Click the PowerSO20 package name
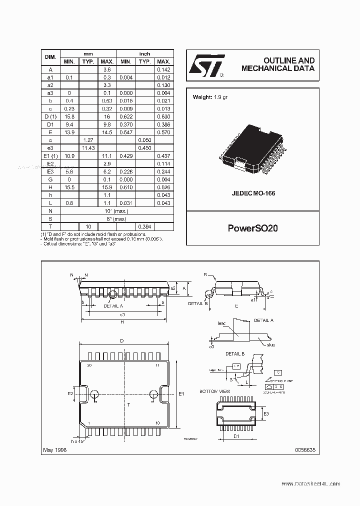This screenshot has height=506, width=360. pos(252,228)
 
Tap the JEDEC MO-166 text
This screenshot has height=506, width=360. pos(252,193)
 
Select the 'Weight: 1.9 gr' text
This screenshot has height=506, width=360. pos(210,97)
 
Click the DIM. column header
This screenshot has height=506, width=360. pos(50,57)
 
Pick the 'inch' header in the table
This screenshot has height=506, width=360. pos(145,53)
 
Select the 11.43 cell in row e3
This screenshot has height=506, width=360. pos(88,148)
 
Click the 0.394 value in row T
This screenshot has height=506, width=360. pos(145,226)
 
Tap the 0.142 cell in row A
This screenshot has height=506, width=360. pos(164,69)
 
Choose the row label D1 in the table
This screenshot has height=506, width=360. pos(50,124)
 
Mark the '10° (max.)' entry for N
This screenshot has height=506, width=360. pos(116,211)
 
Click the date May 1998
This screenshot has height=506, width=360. pos(54,450)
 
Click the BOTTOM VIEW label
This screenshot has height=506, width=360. pos(214,390)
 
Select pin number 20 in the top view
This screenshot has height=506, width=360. pos(90,365)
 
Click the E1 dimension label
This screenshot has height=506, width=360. pos(181,394)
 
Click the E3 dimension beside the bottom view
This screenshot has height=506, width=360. pos(266,414)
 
